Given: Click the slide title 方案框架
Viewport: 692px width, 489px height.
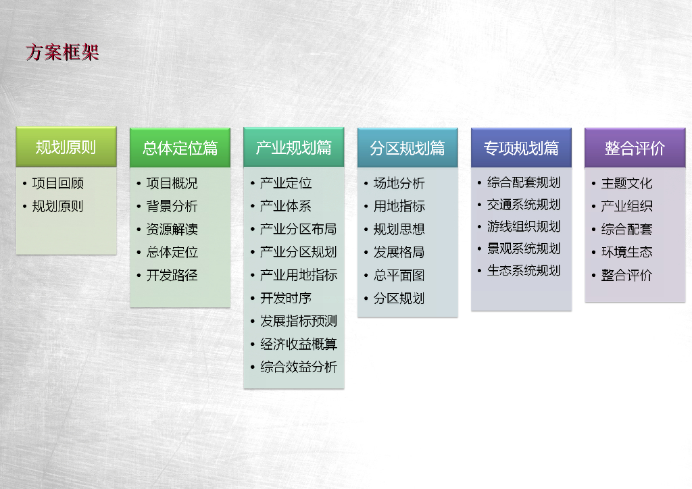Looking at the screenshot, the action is coord(62,53).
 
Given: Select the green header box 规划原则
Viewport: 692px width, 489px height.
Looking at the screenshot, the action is coord(66,147).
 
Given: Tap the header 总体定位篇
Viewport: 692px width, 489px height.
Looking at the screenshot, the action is coord(180,148).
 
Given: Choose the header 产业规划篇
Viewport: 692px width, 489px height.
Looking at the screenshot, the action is coord(294,147).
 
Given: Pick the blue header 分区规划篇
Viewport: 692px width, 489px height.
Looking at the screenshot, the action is coord(407,148).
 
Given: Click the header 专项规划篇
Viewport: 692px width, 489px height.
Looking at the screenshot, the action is coord(521,148).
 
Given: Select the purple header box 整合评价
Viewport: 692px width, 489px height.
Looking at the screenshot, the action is coord(635,148).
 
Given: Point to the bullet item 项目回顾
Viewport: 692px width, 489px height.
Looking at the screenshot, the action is coord(58,183).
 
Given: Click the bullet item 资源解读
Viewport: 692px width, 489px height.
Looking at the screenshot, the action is coord(172,229).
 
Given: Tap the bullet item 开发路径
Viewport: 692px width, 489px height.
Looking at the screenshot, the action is coord(172,275).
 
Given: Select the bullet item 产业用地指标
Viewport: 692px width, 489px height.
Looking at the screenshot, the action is coord(299,275).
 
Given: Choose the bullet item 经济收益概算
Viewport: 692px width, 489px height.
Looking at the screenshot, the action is coord(299,344).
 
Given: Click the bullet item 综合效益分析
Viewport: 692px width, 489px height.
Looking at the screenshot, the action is coord(299,367).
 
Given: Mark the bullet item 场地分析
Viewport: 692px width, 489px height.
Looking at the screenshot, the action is coord(399,183).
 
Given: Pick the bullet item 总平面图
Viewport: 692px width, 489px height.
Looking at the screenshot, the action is coord(399,275).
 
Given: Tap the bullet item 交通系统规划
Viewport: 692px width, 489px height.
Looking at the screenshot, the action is coord(524,205).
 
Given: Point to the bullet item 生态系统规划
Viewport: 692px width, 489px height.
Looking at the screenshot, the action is coord(524,270).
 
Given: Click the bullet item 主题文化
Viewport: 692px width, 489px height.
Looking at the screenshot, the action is coord(626,183).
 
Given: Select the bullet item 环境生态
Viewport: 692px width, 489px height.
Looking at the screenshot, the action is coord(626,252).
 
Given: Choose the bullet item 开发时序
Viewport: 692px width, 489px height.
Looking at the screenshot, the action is coord(286,298).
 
